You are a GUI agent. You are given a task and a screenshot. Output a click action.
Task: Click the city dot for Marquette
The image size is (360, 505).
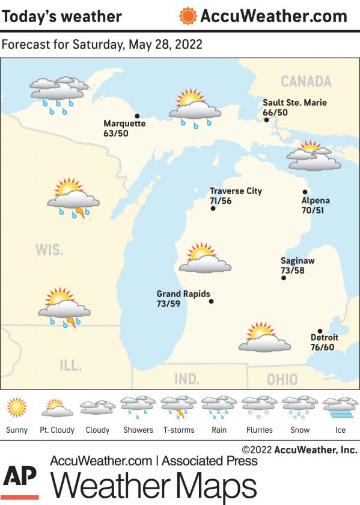pyautogui.click(x=137, y=116)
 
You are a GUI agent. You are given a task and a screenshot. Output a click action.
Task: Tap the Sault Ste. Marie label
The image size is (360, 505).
pyautogui.click(x=294, y=103)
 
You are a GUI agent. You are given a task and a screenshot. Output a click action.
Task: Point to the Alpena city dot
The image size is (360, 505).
pyautogui.click(x=305, y=192)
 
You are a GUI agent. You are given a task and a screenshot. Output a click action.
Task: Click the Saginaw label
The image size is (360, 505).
pyautogui.click(x=297, y=261)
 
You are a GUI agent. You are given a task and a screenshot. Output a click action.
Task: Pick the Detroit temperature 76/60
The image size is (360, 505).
pyautogui.click(x=322, y=347)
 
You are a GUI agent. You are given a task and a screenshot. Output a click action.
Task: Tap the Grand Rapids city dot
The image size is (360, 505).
pyautogui.click(x=211, y=301)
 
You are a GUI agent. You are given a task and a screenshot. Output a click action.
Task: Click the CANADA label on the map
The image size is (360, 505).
pyautogui.click(x=306, y=81)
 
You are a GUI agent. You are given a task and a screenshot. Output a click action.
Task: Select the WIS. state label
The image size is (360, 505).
pyautogui.click(x=49, y=249)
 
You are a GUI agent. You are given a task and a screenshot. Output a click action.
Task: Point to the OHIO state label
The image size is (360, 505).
pyautogui.click(x=282, y=379)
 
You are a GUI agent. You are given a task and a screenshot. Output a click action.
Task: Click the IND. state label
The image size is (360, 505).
pyautogui.click(x=187, y=379)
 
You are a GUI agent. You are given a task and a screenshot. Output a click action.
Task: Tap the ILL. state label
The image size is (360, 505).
pyautogui.click(x=70, y=365)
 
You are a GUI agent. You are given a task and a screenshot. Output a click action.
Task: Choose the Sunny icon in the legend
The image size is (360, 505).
pyautogui.click(x=17, y=408)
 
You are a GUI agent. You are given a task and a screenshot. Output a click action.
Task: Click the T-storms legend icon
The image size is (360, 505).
pyautogui.click(x=178, y=407)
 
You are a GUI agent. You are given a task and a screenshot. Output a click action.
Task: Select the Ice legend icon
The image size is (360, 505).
pyautogui.click(x=340, y=407)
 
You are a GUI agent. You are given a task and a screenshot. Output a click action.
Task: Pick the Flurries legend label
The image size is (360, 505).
pyautogui.click(x=260, y=430)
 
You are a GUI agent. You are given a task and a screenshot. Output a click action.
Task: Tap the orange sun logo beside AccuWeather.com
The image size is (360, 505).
pyautogui.click(x=188, y=16)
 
